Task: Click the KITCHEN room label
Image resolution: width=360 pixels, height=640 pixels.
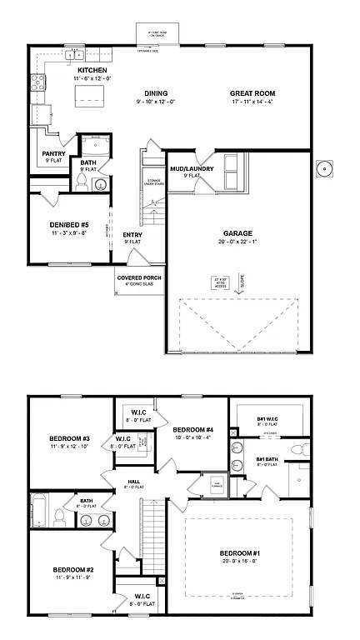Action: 92,70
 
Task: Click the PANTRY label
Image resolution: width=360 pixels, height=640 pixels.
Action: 54,153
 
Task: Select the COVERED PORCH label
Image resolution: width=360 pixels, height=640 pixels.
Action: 139,277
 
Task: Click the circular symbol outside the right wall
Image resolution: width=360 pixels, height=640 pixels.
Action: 324,168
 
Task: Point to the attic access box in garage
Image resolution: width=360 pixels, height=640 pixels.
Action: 221,281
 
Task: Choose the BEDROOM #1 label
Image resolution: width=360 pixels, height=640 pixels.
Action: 242,553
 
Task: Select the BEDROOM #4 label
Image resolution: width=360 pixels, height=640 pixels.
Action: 193,430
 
